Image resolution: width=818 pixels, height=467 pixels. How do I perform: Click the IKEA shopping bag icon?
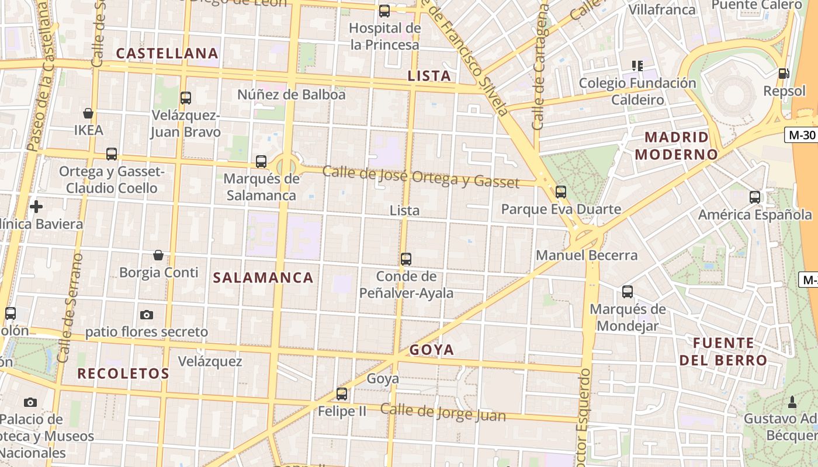(88, 113)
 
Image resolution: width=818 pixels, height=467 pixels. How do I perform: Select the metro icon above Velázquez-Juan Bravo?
(186, 98)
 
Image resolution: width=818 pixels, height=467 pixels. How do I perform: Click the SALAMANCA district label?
(263, 278)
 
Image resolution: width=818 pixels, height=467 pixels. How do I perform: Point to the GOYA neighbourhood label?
(432, 350)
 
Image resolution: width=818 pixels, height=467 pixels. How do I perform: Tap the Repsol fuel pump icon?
(783, 74)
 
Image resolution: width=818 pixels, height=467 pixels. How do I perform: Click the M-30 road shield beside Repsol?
(800, 135)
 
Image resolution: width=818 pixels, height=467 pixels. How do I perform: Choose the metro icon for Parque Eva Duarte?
(561, 191)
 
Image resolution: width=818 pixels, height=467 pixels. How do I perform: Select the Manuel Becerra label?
(587, 255)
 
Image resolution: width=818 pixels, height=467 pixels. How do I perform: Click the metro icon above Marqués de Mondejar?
(628, 292)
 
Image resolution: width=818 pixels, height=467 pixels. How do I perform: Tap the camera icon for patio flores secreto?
(147, 315)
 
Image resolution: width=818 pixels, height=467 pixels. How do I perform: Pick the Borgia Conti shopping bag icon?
(158, 255)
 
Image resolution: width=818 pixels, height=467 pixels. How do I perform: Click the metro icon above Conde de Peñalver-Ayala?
(406, 259)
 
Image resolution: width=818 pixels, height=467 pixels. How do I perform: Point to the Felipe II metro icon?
(342, 394)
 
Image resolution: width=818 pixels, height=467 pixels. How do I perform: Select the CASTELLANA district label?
(167, 54)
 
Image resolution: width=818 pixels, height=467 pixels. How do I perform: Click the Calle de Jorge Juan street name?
(443, 412)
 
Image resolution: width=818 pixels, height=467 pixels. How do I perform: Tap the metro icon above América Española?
(755, 197)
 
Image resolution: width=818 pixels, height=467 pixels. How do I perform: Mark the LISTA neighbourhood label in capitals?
(429, 76)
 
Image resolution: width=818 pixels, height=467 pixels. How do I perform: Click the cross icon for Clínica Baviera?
(36, 207)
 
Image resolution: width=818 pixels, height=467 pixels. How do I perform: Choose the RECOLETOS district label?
(123, 374)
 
